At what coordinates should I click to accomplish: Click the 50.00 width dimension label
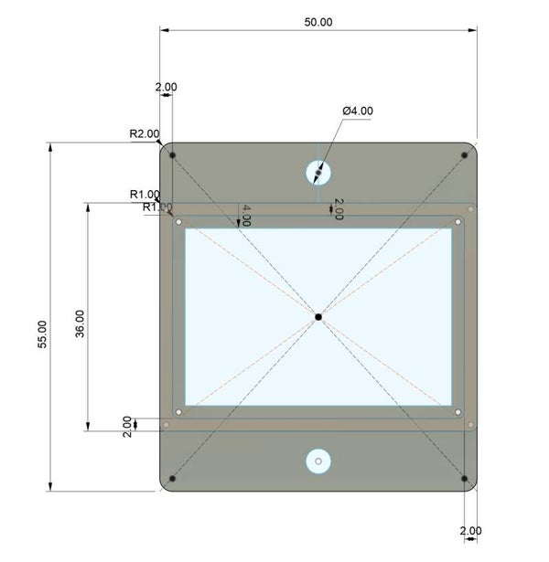click(x=318, y=22)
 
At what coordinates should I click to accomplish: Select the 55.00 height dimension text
click(x=42, y=334)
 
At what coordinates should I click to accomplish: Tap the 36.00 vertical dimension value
click(x=80, y=323)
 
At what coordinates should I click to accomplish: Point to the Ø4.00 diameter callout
click(x=358, y=111)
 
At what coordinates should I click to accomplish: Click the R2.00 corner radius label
click(x=145, y=133)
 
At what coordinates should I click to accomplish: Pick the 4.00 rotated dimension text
click(x=246, y=216)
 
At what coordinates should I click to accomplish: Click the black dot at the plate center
click(x=318, y=317)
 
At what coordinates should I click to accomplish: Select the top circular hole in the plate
click(x=318, y=173)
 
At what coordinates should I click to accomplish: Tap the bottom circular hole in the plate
click(x=318, y=461)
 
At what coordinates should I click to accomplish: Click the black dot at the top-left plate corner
click(x=172, y=155)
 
